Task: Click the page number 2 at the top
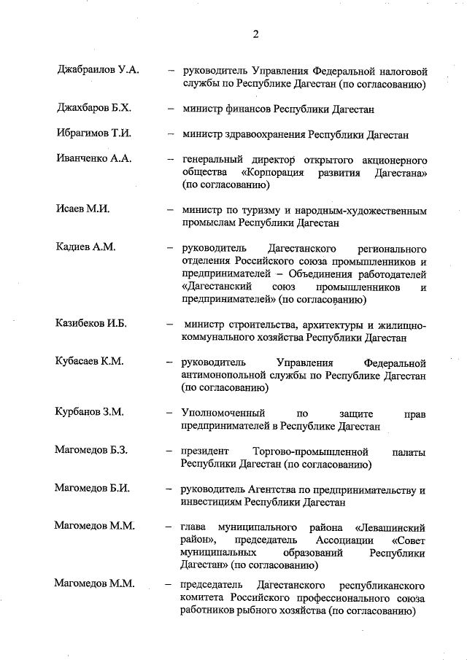[256, 34]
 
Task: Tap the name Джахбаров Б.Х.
[93, 109]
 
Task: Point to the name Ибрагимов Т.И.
[93, 134]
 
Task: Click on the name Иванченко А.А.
[93, 160]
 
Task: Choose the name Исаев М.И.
[82, 210]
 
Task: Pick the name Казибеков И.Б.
[91, 323]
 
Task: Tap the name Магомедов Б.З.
[91, 450]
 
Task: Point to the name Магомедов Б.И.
[91, 489]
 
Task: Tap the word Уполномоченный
[223, 412]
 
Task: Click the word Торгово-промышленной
[310, 450]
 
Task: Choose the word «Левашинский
[390, 527]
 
